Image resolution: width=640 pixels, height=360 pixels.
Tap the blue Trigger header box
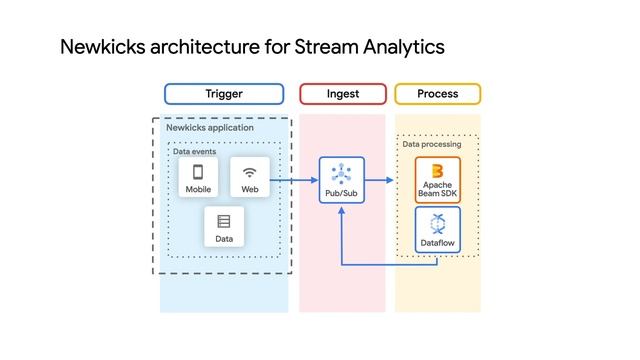click(x=224, y=94)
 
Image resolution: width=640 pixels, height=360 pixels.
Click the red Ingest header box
click(x=342, y=94)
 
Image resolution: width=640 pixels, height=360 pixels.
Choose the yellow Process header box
click(x=437, y=94)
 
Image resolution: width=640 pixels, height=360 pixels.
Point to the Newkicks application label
click(x=210, y=128)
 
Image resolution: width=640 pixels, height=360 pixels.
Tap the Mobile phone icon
click(x=198, y=172)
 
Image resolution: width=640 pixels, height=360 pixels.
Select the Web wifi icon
click(x=250, y=172)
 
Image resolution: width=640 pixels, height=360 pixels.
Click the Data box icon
click(x=224, y=222)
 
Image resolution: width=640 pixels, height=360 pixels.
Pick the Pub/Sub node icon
click(x=341, y=172)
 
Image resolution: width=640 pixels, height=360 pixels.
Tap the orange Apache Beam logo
click(x=437, y=169)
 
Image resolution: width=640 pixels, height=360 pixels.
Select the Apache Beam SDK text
click(x=437, y=189)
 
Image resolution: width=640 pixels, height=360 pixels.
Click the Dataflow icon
click(x=437, y=224)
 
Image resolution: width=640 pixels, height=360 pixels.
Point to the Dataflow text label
click(x=437, y=243)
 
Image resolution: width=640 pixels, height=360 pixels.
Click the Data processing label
click(x=432, y=145)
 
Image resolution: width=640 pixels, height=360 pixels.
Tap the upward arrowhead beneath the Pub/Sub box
click(x=341, y=211)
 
